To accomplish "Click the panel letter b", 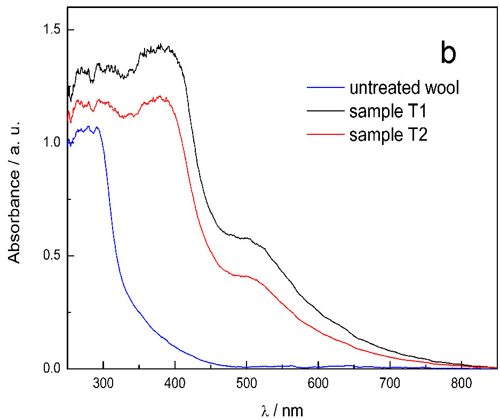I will coord(448,54).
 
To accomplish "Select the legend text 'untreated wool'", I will coord(404,87).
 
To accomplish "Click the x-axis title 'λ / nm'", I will coord(279,409).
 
